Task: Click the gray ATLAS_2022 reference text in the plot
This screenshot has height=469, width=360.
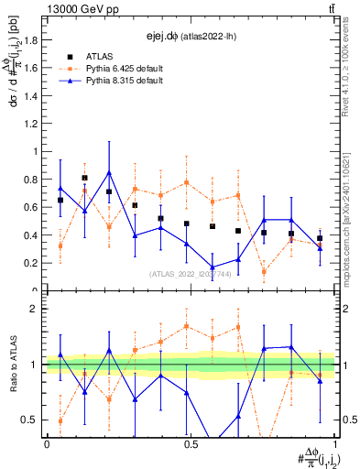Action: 189,273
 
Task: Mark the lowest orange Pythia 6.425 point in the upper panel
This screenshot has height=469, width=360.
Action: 265,271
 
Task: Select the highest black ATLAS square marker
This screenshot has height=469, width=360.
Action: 85,178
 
